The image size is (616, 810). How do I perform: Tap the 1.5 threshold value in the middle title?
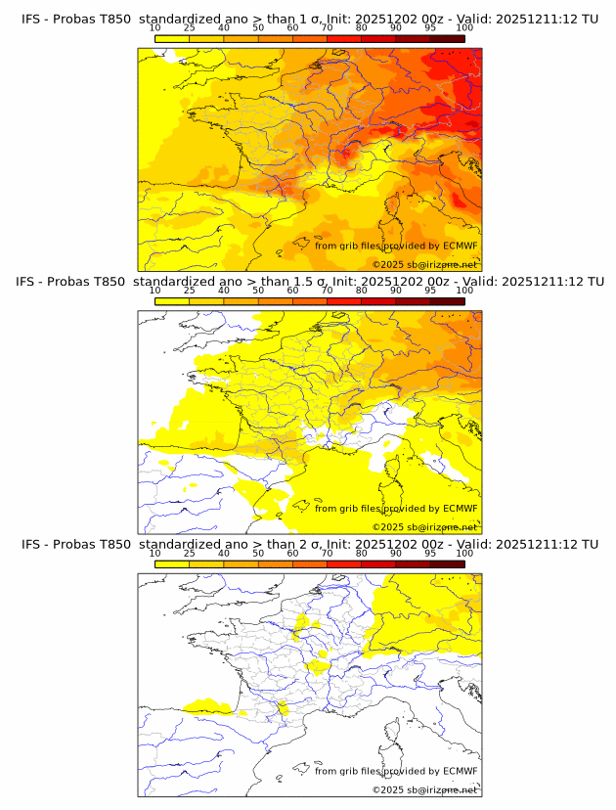[288, 282]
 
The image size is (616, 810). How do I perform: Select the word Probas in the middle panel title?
[73, 282]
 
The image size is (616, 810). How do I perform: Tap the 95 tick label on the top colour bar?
[430, 28]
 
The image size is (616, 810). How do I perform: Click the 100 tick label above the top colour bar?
[464, 28]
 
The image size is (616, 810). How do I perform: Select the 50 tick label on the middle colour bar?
[258, 291]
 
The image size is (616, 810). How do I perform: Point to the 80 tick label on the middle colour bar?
[362, 291]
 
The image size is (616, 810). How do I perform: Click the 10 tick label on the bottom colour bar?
[154, 553]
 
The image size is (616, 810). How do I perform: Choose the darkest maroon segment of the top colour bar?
[447, 38]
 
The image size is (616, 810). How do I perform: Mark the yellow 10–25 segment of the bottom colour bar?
[171, 563]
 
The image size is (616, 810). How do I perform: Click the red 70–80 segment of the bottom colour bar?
[344, 563]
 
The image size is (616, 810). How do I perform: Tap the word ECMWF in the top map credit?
[460, 246]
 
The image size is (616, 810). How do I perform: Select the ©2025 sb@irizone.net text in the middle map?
[424, 527]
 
